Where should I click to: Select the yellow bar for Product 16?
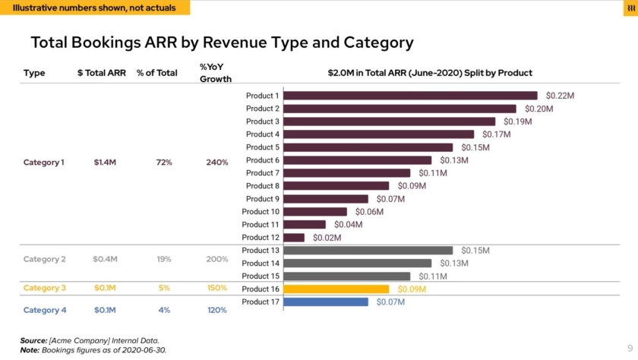tap(336, 289)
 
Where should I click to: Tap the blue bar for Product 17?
tap(326, 302)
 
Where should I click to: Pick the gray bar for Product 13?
tap(368, 251)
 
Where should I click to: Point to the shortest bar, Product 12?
tap(294, 238)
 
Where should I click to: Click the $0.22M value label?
tap(560, 96)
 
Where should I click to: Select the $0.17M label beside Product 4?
tap(496, 134)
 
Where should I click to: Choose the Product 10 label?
tap(261, 212)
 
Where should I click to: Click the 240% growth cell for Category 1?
tap(217, 163)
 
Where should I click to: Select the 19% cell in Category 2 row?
tap(164, 259)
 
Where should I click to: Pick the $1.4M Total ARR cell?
tap(105, 163)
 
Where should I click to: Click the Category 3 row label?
tap(45, 289)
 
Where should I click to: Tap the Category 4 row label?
tap(45, 310)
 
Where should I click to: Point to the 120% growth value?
tap(217, 310)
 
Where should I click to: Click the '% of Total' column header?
tap(157, 73)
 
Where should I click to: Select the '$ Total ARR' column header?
tap(102, 73)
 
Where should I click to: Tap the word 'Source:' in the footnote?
tap(33, 341)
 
